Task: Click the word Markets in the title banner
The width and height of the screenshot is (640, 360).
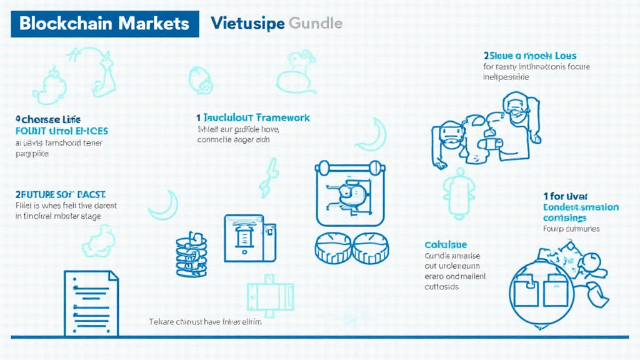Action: (152, 24)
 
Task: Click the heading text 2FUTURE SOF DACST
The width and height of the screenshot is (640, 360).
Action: (60, 194)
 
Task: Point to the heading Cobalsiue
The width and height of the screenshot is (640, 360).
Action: (445, 244)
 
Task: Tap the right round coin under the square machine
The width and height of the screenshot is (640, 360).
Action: (371, 247)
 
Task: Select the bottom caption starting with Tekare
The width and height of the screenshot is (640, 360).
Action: (205, 322)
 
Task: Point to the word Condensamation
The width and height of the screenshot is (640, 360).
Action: (581, 207)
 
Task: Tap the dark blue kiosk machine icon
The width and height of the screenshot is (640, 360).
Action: (249, 237)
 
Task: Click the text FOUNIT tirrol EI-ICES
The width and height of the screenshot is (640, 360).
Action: (61, 131)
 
